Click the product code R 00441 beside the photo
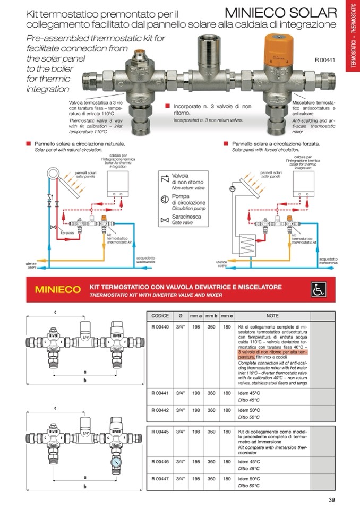coord(325,60)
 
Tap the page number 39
coord(331,498)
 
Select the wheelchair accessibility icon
coord(318,289)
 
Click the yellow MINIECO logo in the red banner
coord(58,290)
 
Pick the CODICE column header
coord(160,315)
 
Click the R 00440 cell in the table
coord(160,327)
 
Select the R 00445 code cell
coord(160,432)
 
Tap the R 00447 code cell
coord(160,478)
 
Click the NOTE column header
coord(272,315)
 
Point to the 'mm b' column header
coord(211,315)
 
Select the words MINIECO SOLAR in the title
coord(281,12)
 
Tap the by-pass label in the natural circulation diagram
coord(66,233)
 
